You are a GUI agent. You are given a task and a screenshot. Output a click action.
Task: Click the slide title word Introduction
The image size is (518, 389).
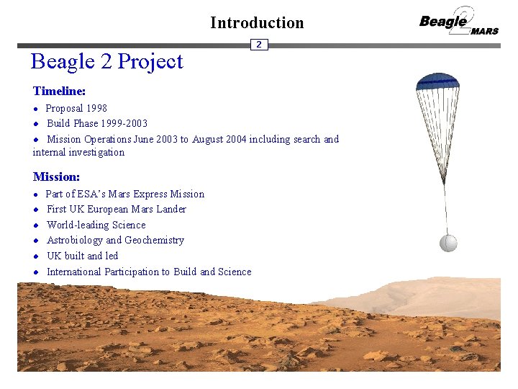[257, 23]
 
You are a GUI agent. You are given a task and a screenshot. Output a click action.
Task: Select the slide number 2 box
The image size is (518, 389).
[259, 45]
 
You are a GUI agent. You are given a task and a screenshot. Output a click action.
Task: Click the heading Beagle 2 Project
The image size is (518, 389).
[106, 62]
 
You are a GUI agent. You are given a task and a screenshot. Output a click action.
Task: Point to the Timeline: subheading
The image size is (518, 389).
[60, 91]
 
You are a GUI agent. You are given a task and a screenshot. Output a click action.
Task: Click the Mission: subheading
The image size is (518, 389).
[57, 176]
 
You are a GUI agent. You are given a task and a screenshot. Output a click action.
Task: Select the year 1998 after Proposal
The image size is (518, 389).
[96, 109]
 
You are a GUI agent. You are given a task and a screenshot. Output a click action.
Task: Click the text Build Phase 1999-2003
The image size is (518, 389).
[97, 124]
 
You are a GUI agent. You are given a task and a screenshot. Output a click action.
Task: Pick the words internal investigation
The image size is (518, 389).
[78, 153]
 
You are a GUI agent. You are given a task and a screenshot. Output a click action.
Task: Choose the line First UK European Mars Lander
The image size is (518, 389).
[117, 210]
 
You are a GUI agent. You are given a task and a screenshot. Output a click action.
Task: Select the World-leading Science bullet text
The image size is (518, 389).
[96, 225]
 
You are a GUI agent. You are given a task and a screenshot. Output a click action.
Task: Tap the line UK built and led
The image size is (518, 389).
[82, 256]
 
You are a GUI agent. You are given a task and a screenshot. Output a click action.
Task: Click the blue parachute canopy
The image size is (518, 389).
[437, 81]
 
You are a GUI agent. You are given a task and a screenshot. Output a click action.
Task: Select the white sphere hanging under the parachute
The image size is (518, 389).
[447, 243]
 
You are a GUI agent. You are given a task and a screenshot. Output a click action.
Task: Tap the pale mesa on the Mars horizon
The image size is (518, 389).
[432, 291]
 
